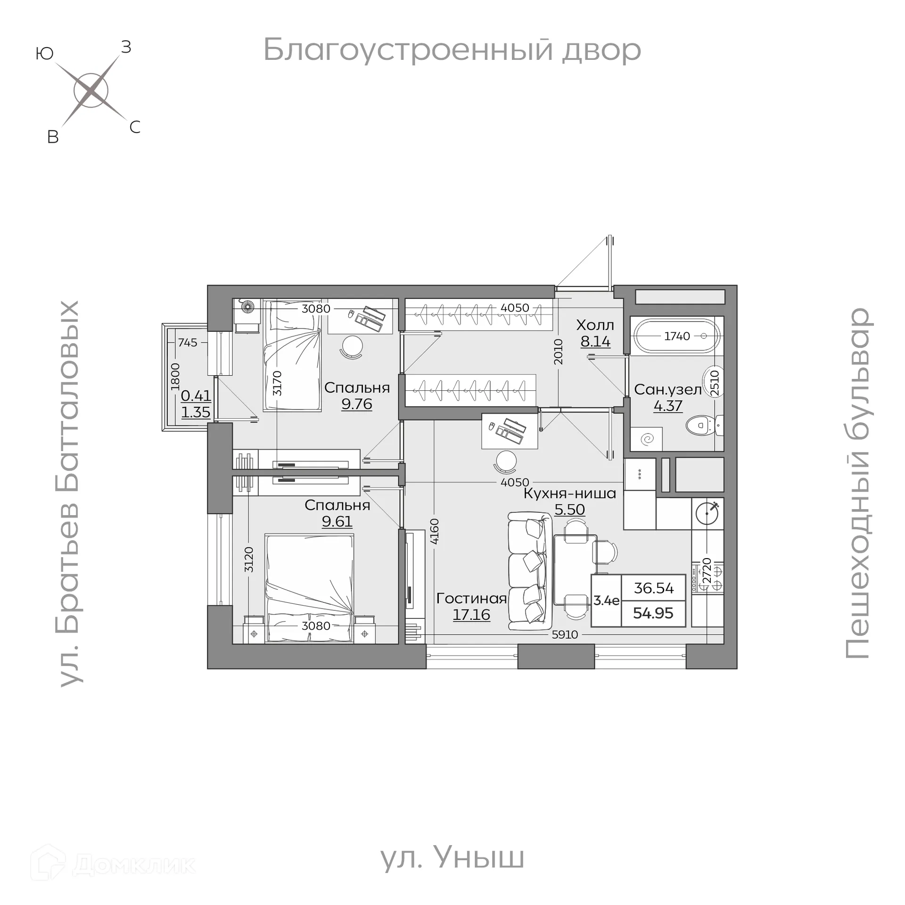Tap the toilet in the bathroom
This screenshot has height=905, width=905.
pyautogui.click(x=702, y=426)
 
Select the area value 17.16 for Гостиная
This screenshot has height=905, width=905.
pyautogui.click(x=471, y=615)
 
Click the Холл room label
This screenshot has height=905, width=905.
pyautogui.click(x=595, y=325)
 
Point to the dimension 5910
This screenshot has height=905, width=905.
pyautogui.click(x=565, y=634)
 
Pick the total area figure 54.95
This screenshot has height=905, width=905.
pyautogui.click(x=653, y=613)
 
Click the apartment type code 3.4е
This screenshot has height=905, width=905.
pyautogui.click(x=606, y=601)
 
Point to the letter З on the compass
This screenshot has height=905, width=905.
pyautogui.click(x=126, y=47)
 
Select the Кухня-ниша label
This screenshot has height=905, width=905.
pyautogui.click(x=570, y=494)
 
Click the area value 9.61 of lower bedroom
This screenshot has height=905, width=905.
pyautogui.click(x=337, y=521)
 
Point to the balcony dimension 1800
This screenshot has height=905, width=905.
pyautogui.click(x=175, y=376)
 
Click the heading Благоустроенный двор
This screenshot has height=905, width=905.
pyautogui.click(x=452, y=49)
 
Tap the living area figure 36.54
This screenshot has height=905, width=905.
pyautogui.click(x=653, y=588)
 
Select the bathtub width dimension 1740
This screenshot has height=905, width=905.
pyautogui.click(x=677, y=336)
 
